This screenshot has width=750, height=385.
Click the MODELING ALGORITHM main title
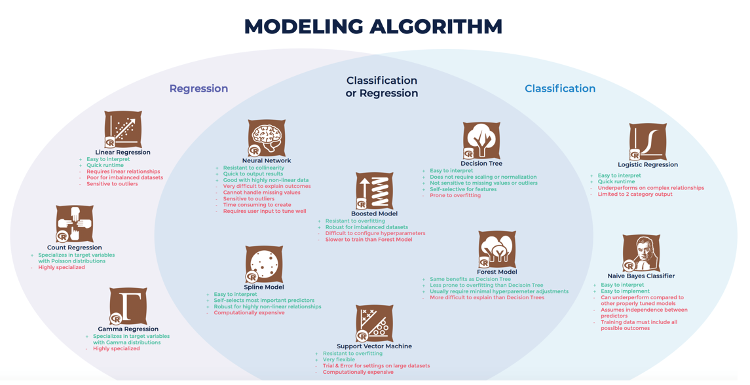click(x=373, y=27)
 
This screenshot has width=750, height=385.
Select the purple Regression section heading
click(x=198, y=88)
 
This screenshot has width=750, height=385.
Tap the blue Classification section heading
click(x=559, y=88)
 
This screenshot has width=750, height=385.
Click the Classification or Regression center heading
click(x=381, y=86)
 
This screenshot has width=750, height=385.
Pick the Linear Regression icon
click(x=122, y=129)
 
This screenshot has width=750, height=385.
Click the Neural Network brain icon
click(x=266, y=137)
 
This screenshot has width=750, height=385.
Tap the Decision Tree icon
click(x=481, y=140)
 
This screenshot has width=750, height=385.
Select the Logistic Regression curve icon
click(x=647, y=141)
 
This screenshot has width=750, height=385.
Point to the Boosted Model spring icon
click(x=374, y=191)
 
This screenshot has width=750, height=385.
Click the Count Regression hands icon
click(x=74, y=224)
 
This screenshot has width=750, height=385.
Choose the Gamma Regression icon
click(x=128, y=306)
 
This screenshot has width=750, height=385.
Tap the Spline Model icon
click(x=263, y=265)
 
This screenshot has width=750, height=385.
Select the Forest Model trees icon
click(x=497, y=249)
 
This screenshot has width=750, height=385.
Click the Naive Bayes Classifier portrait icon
click(x=641, y=253)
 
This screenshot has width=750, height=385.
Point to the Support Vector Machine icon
click(x=374, y=323)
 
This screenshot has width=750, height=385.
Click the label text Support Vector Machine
click(x=374, y=346)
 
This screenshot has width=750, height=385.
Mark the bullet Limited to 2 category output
click(x=635, y=194)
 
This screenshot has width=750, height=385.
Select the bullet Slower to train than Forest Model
click(x=369, y=240)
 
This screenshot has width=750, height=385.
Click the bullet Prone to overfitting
click(x=455, y=196)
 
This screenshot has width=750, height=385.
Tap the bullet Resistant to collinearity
click(x=253, y=168)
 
